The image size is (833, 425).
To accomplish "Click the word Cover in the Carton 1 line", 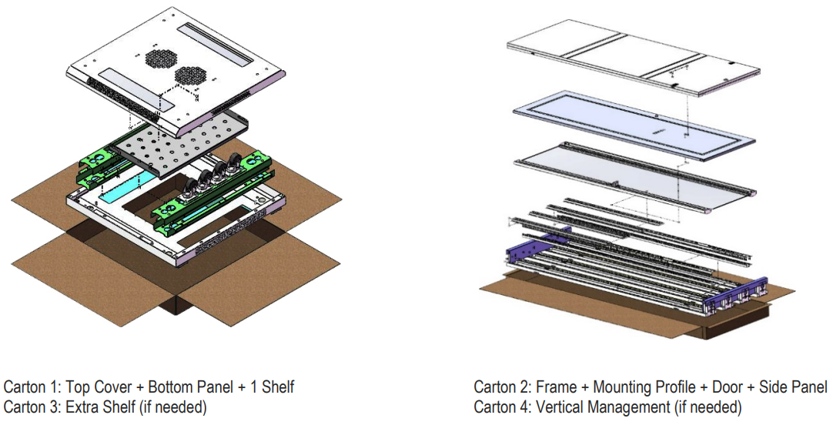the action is (114, 387).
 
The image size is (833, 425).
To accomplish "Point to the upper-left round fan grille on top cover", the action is (160, 59).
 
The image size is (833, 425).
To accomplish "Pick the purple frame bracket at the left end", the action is (536, 246).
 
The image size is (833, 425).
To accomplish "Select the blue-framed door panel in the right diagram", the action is (635, 126).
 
